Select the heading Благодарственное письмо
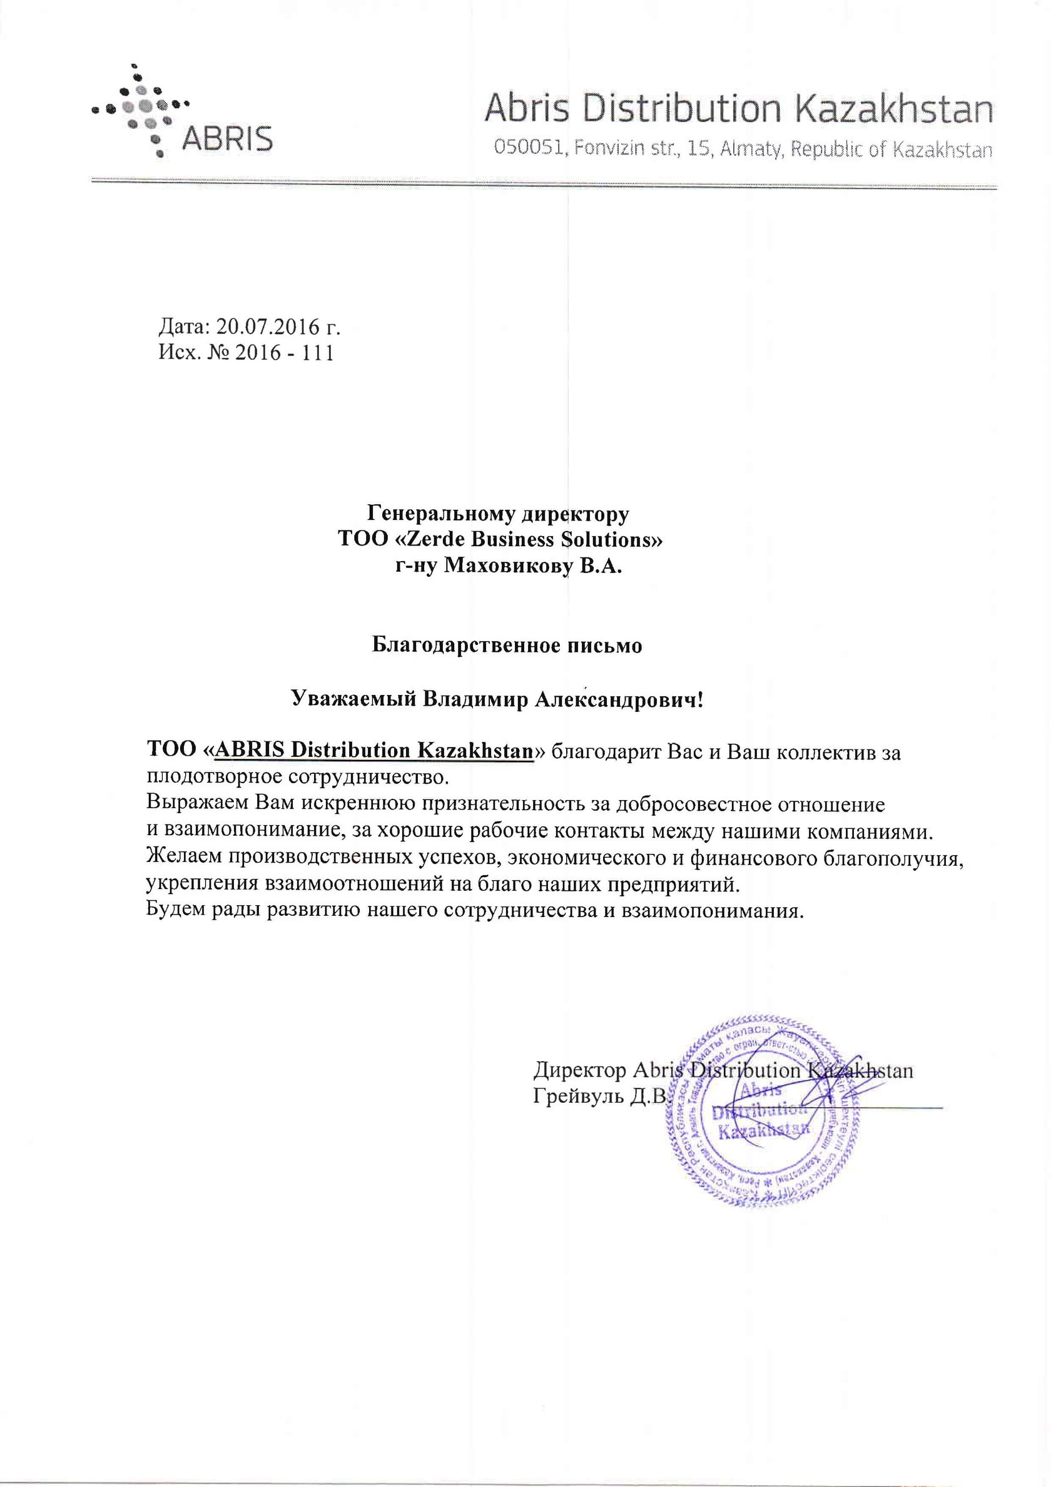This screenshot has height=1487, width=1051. coord(507,646)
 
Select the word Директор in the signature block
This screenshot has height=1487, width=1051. coord(579,1070)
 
